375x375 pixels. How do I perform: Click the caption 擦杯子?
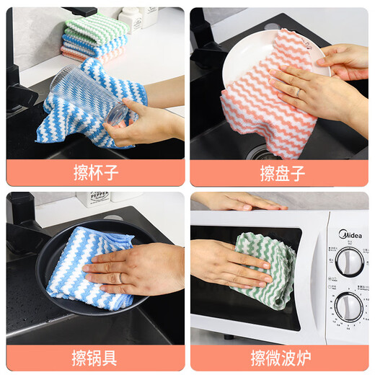[x=95, y=173]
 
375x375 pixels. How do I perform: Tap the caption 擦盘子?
[x=280, y=173]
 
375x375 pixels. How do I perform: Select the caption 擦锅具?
[x=95, y=358]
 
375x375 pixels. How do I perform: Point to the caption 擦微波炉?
[x=280, y=358]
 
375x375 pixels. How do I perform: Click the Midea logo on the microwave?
[x=350, y=236]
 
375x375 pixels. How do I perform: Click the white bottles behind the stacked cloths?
[x=141, y=20]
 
